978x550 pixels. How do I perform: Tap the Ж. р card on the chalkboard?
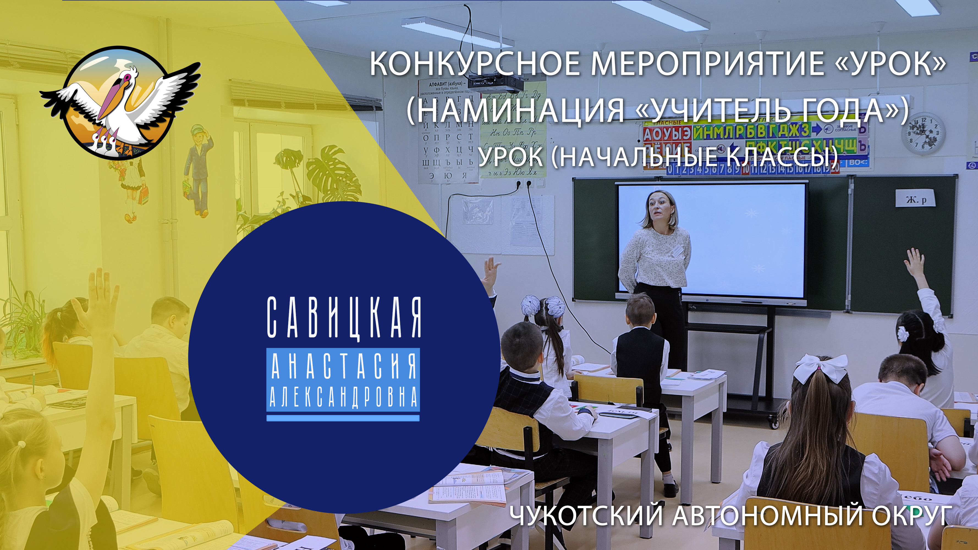[914, 199]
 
